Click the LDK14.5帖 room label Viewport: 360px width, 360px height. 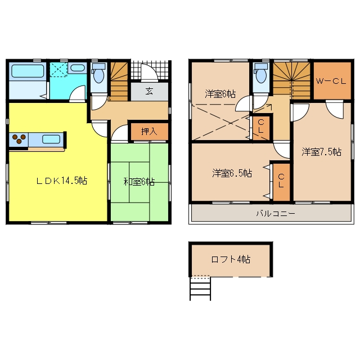pos(62,181)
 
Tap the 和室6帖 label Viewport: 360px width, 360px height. pos(139,182)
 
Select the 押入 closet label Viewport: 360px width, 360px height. pos(149,132)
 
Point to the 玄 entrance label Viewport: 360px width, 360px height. pos(149,91)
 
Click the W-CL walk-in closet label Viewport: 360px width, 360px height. pos(331,81)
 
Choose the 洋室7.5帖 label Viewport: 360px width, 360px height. pos(321,152)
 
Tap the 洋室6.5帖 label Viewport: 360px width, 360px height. pos(232,173)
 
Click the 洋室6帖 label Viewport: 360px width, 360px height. pos(220,94)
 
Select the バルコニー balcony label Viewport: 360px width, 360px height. pos(276,214)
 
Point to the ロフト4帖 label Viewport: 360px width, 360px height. pos(231,259)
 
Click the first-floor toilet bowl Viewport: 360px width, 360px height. pos(99,73)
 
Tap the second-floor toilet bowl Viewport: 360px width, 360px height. pos(261,73)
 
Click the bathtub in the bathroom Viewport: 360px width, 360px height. pos(28,71)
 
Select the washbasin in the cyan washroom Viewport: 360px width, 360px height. pos(78,67)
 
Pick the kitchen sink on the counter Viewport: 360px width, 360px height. pos(51,139)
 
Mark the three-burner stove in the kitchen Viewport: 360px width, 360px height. pos(19,139)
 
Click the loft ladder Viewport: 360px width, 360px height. pos(200,289)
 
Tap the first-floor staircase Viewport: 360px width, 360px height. pos(119,81)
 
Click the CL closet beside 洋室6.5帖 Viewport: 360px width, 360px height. pos(281,181)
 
